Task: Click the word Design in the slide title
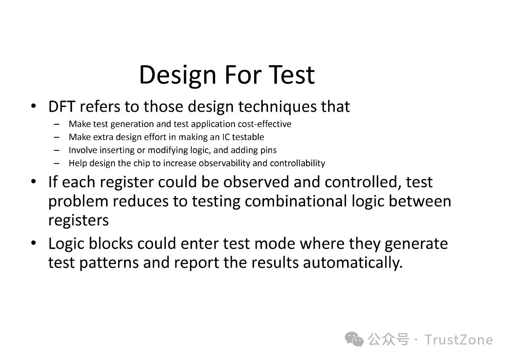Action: coord(177,76)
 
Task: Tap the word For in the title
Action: coord(243,75)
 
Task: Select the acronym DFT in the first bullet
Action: coord(62,106)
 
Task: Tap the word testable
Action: coord(248,137)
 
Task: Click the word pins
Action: coord(269,151)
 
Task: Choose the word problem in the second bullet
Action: coord(78,202)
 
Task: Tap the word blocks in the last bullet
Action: coord(111,243)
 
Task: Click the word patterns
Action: coord(109,263)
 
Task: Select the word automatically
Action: coord(353,263)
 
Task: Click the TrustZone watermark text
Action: coord(458,340)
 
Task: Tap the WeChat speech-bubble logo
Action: coord(354,340)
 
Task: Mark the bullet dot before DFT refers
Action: coord(33,106)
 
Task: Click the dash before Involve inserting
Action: coord(56,150)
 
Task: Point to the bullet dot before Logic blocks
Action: coord(33,243)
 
